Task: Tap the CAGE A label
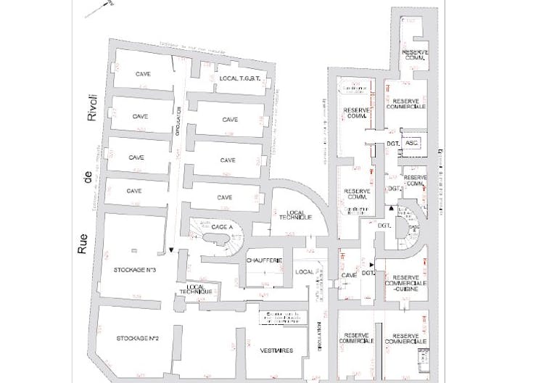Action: (221, 226)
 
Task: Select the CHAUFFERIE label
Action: (264, 260)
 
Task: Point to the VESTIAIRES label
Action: (276, 350)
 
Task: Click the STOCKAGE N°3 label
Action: (136, 269)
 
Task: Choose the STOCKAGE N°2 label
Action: (137, 339)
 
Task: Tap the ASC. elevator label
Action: (412, 144)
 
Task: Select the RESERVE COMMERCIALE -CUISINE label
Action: (405, 284)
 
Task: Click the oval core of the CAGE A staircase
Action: (216, 237)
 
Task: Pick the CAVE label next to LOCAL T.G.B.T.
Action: (142, 75)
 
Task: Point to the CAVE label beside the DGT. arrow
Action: (349, 275)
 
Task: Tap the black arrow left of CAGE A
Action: (171, 250)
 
